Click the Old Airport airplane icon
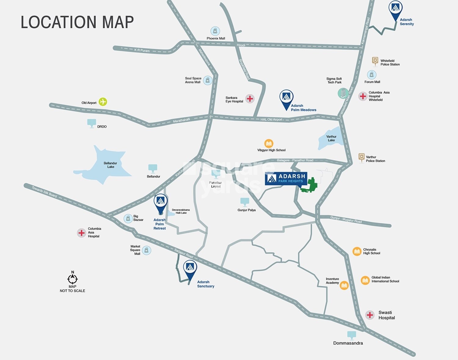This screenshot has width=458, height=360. tap(103, 102)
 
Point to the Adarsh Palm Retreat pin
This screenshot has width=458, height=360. tap(161, 202)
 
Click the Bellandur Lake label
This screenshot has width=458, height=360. tap(110, 165)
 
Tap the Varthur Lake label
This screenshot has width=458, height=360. tap(331, 138)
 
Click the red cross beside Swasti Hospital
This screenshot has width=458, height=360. tap(370, 315)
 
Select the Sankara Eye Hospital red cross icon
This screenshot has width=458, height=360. tap(250, 99)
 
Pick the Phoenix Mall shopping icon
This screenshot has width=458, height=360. tap(215, 31)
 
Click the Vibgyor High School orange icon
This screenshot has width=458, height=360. tap(269, 143)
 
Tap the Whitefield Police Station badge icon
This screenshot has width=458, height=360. tap(375, 61)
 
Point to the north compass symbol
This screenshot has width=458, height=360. tap(73, 278)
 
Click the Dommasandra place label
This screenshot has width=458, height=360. tap(348, 343)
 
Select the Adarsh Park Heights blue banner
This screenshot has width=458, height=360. tap(286, 178)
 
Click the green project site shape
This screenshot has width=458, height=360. tap(310, 185)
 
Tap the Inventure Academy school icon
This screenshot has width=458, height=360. tap(344, 285)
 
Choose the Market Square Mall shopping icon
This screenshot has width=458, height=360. tap(147, 251)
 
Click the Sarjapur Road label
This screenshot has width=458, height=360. tap(184, 253)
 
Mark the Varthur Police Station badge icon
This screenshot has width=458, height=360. tap(362, 158)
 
